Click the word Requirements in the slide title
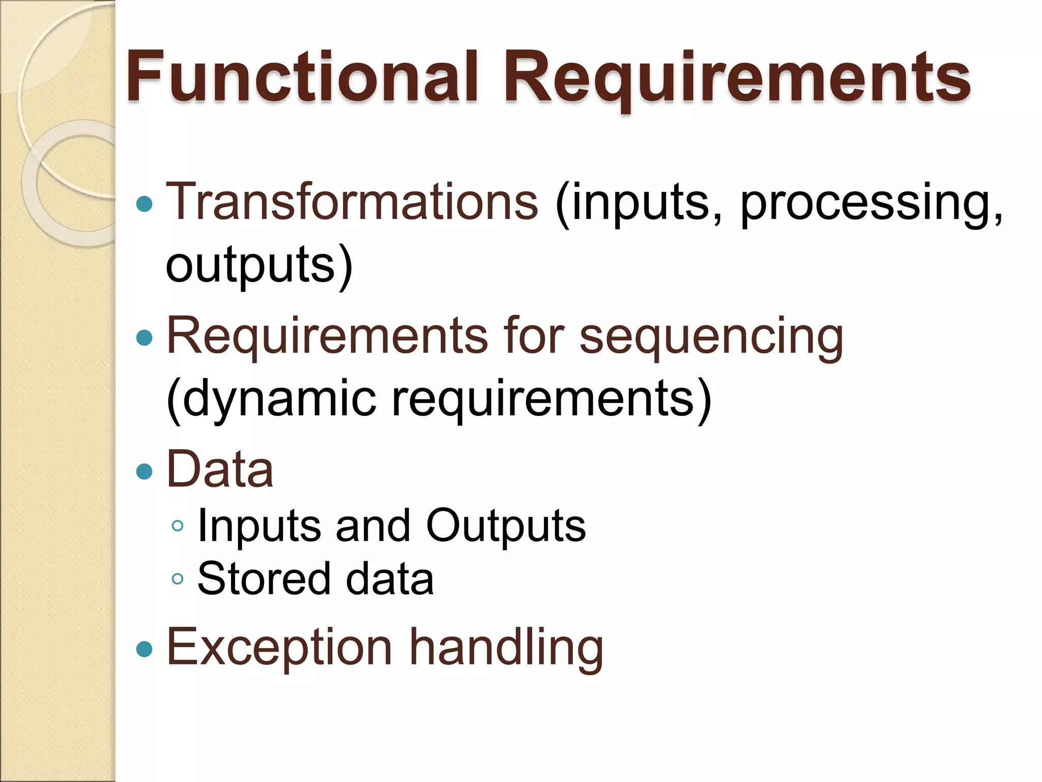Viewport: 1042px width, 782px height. (736, 79)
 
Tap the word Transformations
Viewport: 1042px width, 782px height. (352, 202)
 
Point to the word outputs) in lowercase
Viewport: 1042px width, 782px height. (258, 266)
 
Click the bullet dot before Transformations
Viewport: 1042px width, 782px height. (145, 204)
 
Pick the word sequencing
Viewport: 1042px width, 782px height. (711, 337)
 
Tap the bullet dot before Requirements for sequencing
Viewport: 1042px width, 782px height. (145, 338)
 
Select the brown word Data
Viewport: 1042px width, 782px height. (220, 469)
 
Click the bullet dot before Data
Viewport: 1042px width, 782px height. (145, 471)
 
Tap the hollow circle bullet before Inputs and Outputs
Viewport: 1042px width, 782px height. (178, 526)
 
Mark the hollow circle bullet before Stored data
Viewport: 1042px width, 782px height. (178, 579)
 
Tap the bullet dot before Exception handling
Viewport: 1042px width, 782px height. (145, 649)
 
